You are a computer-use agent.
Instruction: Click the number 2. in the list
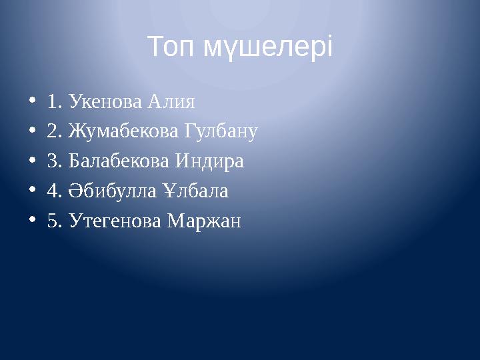point(54,132)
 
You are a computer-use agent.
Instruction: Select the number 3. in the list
point(54,161)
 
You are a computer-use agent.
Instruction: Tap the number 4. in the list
point(54,191)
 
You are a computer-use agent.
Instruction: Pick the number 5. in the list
point(54,221)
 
